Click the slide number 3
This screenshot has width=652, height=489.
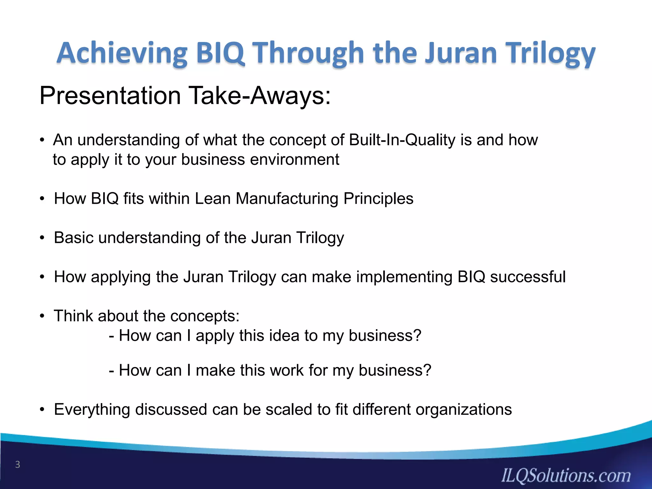coord(18,465)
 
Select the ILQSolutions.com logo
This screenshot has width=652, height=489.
coord(566,476)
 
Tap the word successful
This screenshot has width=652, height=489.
coord(528,277)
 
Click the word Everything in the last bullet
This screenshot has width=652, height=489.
coord(92,409)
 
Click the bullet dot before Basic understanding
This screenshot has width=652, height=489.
coord(42,238)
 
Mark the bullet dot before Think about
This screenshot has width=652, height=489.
coord(42,316)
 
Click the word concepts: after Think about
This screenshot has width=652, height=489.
coord(205,316)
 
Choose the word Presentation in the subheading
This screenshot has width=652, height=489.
coord(110,96)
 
